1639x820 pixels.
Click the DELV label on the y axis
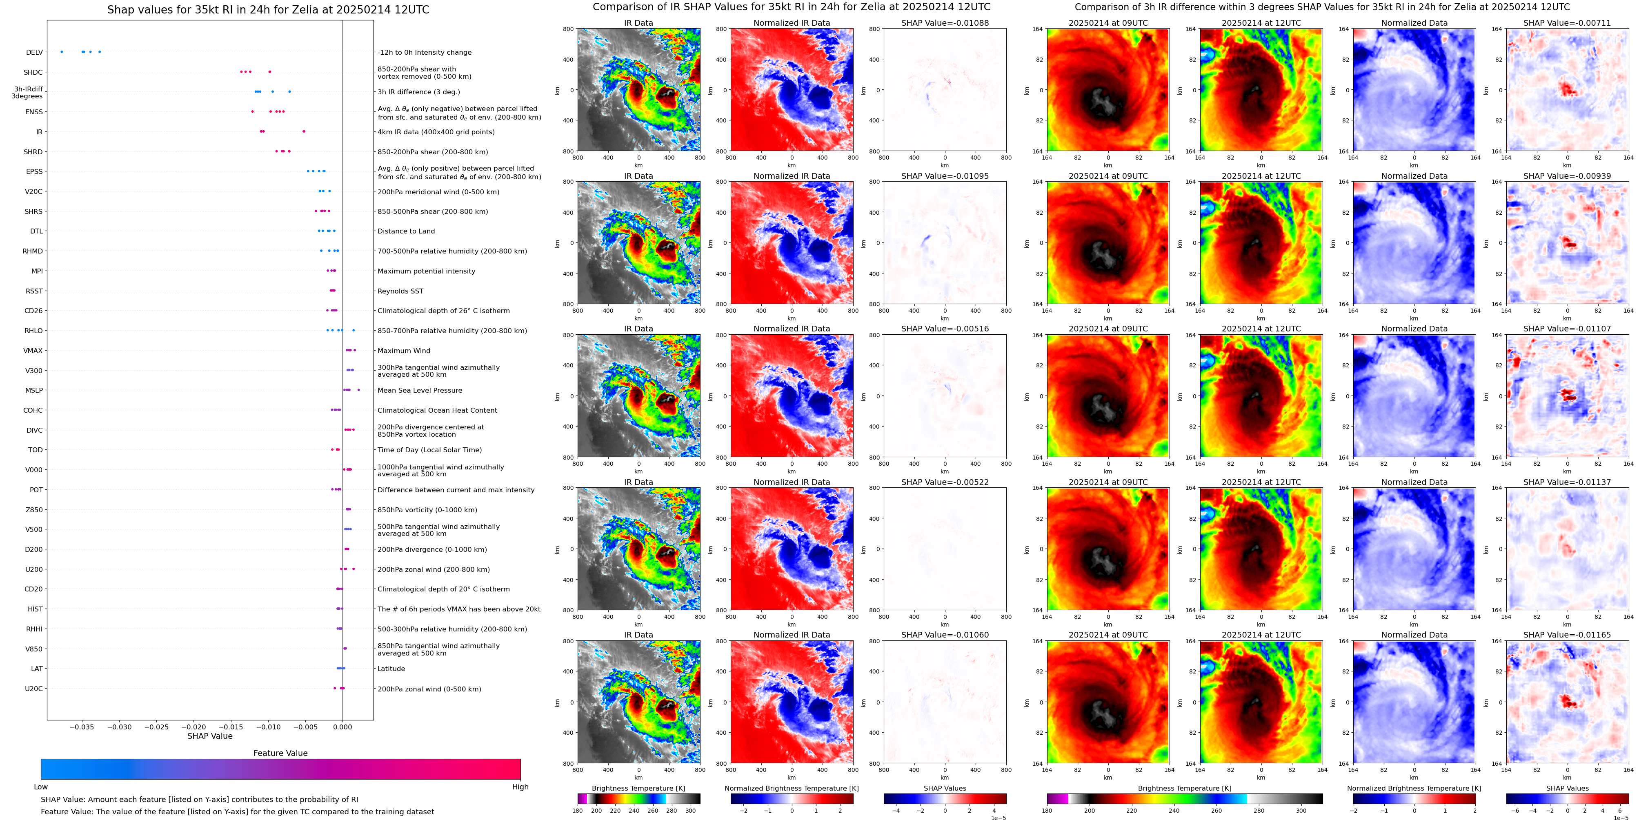[x=34, y=53]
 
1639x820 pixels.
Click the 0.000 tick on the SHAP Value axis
[x=342, y=727]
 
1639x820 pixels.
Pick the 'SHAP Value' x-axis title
[x=210, y=736]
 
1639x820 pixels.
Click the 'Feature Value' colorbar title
[x=280, y=753]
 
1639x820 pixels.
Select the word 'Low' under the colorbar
[x=41, y=787]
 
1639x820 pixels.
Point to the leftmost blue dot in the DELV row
[x=62, y=51]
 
